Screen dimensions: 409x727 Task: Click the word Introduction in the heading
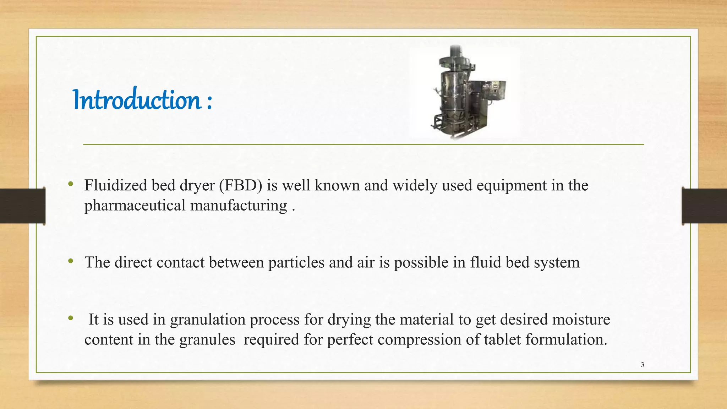click(137, 100)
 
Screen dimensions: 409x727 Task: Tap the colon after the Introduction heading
click(209, 102)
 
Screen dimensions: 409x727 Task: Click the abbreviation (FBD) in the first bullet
click(241, 185)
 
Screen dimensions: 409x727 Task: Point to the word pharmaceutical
click(135, 206)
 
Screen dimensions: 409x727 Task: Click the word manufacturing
click(239, 206)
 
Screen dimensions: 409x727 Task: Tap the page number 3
click(642, 365)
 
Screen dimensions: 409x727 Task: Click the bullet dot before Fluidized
click(71, 184)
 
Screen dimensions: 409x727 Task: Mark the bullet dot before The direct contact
click(71, 261)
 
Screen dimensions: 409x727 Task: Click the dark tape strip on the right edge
click(704, 206)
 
